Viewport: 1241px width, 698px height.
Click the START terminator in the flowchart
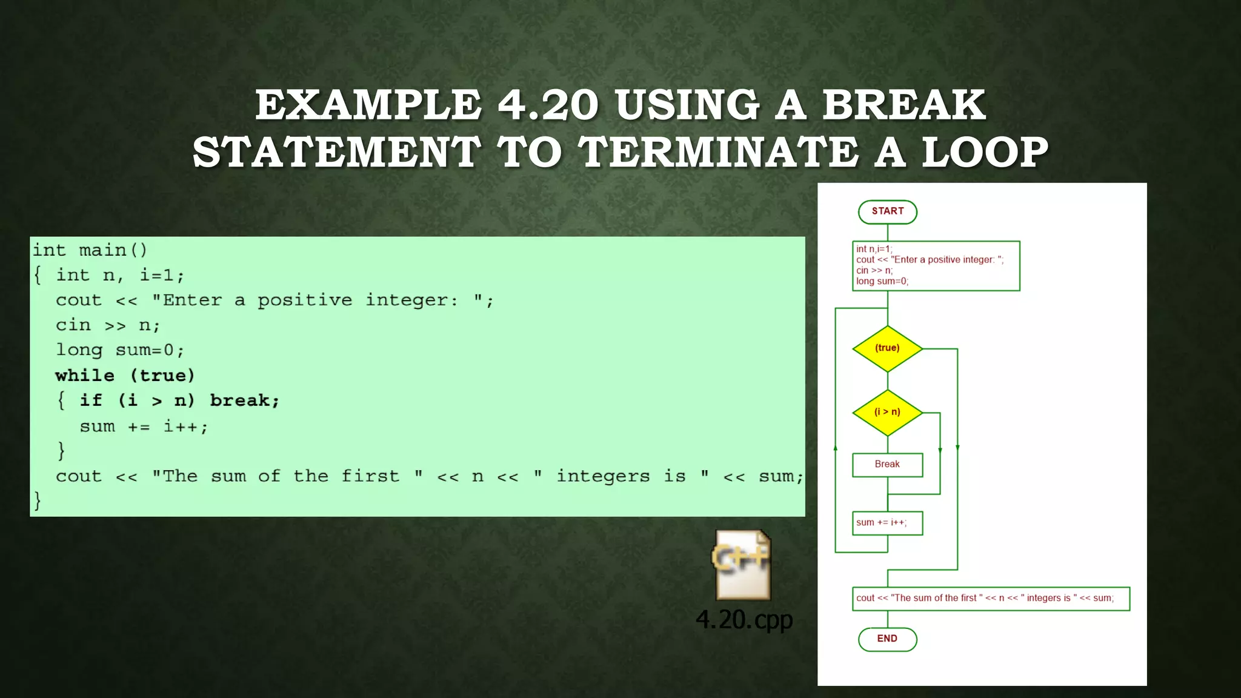pyautogui.click(x=887, y=211)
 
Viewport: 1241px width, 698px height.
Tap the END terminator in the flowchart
pyautogui.click(x=887, y=639)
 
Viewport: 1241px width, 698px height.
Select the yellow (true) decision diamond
pyautogui.click(x=887, y=348)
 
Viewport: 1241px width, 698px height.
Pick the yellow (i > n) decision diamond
pyautogui.click(x=887, y=412)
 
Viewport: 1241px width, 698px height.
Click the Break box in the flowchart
pyautogui.click(x=887, y=465)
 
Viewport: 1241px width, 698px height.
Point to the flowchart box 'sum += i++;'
pyautogui.click(x=887, y=523)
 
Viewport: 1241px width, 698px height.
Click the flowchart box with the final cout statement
pyautogui.click(x=990, y=599)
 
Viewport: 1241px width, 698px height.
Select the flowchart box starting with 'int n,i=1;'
pyautogui.click(x=936, y=265)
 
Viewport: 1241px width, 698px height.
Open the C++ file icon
pyautogui.click(x=743, y=565)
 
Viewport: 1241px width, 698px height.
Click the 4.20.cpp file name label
pyautogui.click(x=744, y=620)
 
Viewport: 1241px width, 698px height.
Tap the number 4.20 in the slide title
pyautogui.click(x=548, y=105)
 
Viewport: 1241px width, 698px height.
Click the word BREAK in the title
pyautogui.click(x=903, y=105)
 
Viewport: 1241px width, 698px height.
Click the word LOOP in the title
pyautogui.click(x=985, y=152)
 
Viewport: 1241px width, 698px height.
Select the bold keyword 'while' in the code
pyautogui.click(x=85, y=376)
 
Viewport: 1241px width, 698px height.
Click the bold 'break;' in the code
pyautogui.click(x=245, y=401)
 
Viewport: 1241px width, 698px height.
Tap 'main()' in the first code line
pyautogui.click(x=113, y=250)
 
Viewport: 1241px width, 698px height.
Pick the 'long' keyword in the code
pyautogui.click(x=79, y=350)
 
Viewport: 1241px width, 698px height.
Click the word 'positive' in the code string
pyautogui.click(x=305, y=301)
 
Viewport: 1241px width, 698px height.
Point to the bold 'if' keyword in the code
pyautogui.click(x=91, y=401)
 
